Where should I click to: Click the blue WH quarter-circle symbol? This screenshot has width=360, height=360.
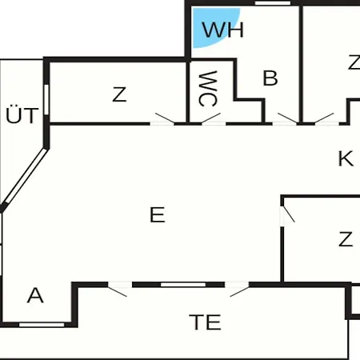(210, 26)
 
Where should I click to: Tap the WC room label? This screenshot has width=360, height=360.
(208, 89)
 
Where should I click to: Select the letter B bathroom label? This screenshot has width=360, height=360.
(270, 78)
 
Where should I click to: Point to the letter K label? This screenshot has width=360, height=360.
(346, 158)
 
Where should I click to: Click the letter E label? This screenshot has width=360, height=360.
(158, 214)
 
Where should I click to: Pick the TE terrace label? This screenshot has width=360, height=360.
(205, 322)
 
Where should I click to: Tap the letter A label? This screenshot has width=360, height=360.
(35, 295)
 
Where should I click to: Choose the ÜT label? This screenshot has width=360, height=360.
(22, 115)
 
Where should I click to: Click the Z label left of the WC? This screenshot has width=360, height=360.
(119, 94)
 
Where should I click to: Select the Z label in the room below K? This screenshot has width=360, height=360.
(346, 239)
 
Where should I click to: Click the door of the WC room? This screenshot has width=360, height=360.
(211, 119)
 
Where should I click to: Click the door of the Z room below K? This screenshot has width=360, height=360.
(287, 214)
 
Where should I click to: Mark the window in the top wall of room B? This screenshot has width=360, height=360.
(273, 3)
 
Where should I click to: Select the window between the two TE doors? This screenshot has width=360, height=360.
(183, 285)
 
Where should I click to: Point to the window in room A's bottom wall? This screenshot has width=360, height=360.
(42, 325)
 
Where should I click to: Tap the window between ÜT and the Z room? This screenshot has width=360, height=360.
(46, 99)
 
